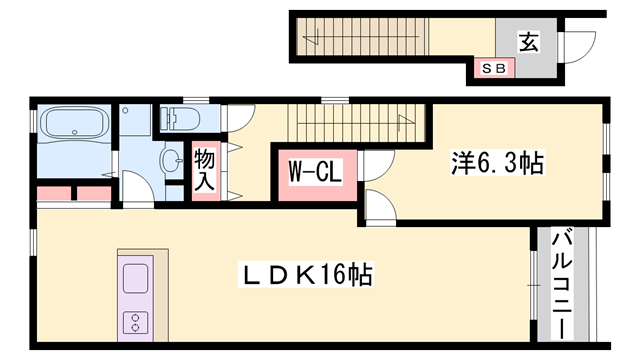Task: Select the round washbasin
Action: click(171, 158)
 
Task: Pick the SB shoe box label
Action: click(493, 69)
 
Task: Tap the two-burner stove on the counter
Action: click(133, 321)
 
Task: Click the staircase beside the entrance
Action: click(360, 37)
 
